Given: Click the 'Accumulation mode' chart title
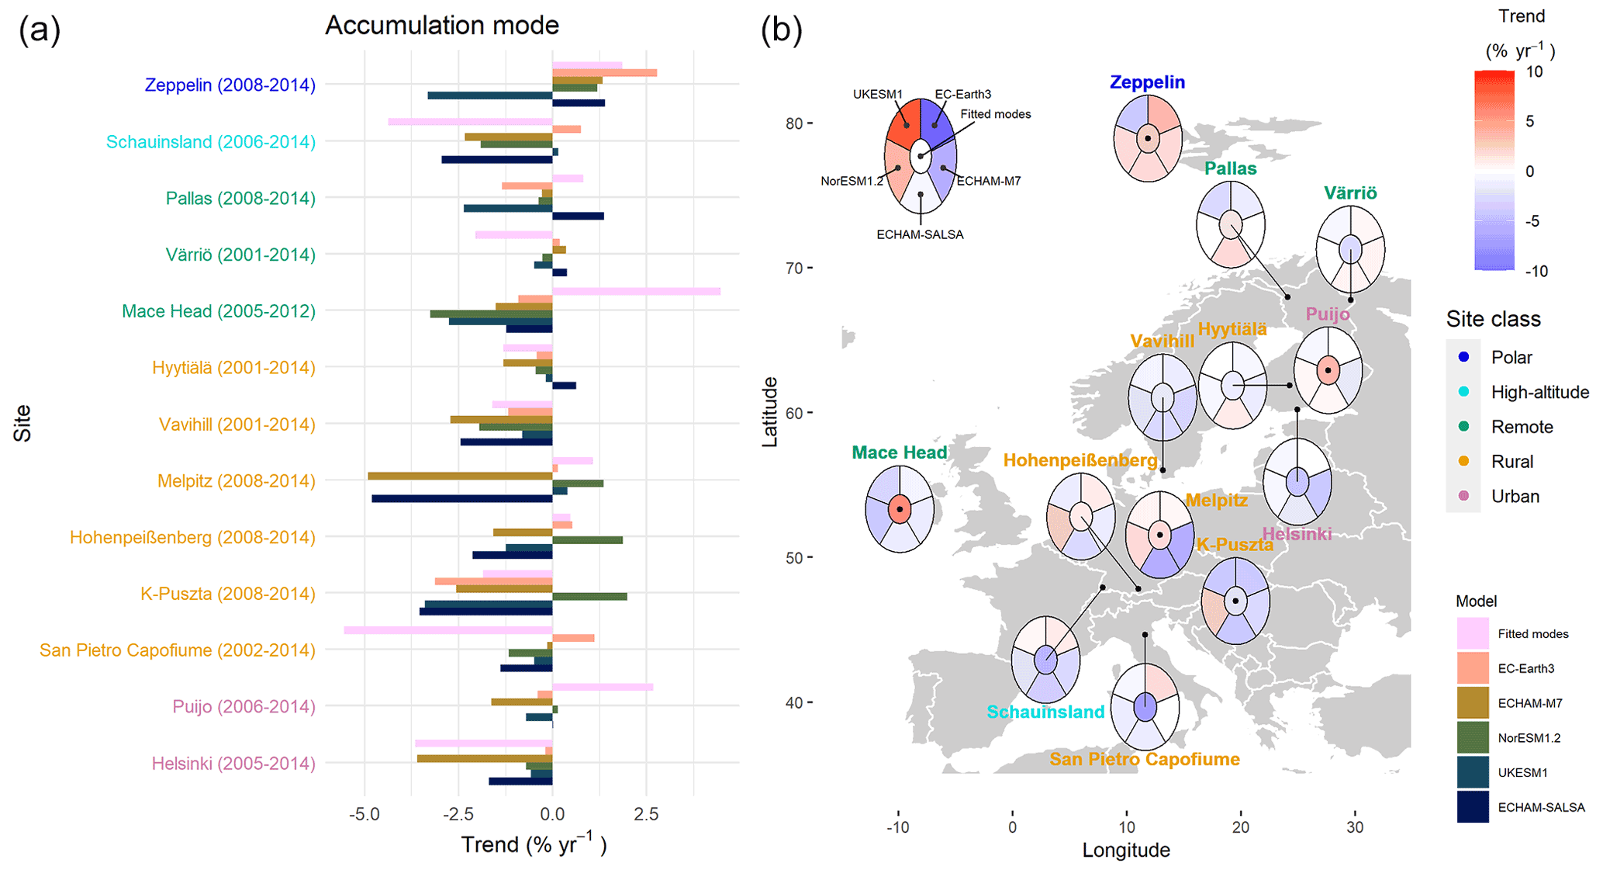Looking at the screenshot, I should [441, 26].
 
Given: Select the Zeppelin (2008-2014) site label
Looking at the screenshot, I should [230, 85].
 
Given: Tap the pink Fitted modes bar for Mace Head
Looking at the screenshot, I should [636, 292].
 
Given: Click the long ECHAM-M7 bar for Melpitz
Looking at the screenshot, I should [460, 476].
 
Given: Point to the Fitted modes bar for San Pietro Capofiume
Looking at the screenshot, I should [447, 630].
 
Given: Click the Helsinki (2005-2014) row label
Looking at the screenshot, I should [233, 764].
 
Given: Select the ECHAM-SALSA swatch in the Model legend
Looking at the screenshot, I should [1472, 807].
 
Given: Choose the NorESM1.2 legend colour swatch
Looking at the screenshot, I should [1472, 737].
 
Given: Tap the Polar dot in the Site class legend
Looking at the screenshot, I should [1463, 357].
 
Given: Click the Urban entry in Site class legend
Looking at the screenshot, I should [1515, 497].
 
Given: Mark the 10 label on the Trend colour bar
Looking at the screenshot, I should [1533, 72].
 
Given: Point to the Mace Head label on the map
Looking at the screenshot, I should [899, 452].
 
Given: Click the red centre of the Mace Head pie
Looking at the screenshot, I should [900, 509].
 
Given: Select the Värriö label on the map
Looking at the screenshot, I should [1350, 193].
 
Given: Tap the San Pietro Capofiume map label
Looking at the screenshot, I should [1144, 759].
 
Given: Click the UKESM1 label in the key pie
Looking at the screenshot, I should [877, 95].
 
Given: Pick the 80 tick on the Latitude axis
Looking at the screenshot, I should [793, 123].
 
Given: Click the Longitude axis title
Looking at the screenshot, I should [1125, 851].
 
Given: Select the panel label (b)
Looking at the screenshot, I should [780, 31].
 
